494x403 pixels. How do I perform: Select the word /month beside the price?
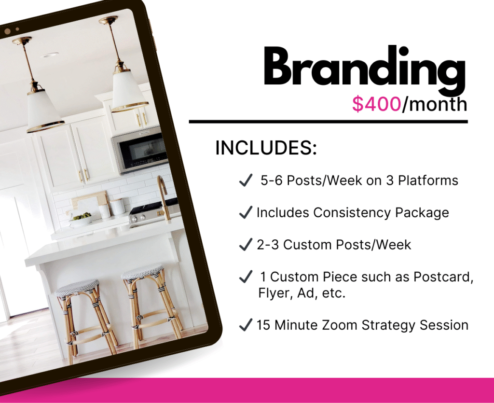[434, 104]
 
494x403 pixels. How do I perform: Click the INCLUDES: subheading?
[266, 148]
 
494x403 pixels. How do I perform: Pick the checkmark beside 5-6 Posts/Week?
[246, 181]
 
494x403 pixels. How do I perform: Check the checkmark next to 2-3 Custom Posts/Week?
[246, 245]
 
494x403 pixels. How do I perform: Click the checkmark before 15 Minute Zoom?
[246, 325]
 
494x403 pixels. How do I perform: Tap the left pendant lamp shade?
[45, 110]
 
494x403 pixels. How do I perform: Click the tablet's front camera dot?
[7, 31]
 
